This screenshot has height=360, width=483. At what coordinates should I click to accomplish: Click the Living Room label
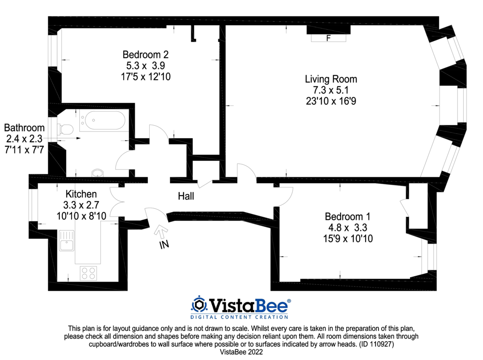(x=331, y=79)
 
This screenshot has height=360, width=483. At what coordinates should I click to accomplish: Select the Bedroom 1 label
(x=347, y=216)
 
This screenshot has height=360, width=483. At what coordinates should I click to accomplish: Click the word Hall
(x=186, y=196)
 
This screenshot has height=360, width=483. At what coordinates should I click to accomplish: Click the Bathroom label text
(x=24, y=128)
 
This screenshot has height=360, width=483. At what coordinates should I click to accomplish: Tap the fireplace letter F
(x=328, y=38)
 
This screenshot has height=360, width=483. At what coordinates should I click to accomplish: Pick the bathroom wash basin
(x=98, y=173)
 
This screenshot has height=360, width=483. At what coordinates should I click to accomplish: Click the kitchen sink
(x=67, y=241)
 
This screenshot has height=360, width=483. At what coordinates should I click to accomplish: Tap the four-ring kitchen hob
(x=88, y=273)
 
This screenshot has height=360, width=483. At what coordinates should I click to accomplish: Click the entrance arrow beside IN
(x=159, y=231)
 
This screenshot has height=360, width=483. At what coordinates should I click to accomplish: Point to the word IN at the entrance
(x=164, y=245)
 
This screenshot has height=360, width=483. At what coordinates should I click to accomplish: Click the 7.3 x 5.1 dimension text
(x=331, y=90)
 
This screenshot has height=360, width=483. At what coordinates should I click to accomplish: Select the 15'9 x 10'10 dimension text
(x=347, y=238)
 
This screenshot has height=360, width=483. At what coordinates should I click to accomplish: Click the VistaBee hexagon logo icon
(x=199, y=304)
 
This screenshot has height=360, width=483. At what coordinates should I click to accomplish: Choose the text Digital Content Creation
(x=240, y=317)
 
